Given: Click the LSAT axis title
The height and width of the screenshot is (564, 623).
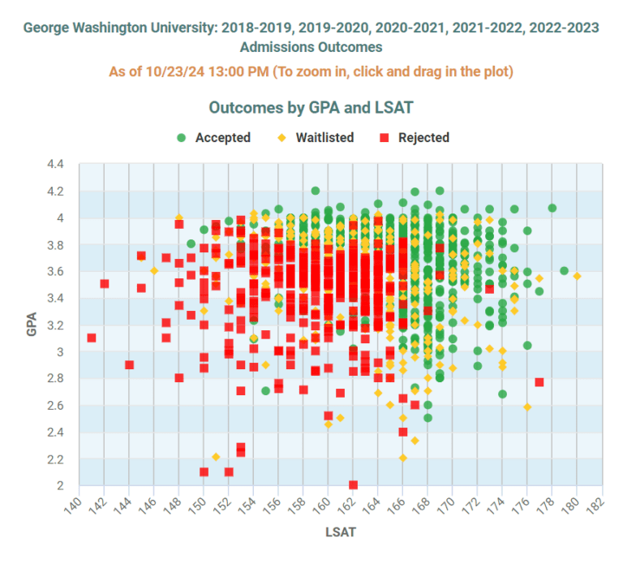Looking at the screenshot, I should [340, 533].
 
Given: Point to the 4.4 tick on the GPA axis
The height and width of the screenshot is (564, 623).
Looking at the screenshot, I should [54, 165].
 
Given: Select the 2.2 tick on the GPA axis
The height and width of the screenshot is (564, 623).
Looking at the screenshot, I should [54, 459].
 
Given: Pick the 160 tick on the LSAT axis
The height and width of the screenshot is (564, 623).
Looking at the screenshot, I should [324, 502].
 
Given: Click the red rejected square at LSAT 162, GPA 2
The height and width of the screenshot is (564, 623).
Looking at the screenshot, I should [353, 484].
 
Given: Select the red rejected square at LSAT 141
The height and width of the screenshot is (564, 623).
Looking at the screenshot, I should [92, 338].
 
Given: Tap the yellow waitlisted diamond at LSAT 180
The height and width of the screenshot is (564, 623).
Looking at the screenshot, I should [577, 276].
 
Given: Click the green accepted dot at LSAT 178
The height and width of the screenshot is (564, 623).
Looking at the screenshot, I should [552, 208].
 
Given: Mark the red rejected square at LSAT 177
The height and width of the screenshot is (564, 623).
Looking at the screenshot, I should [539, 382].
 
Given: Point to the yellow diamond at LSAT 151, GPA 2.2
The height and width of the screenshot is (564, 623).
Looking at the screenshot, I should [216, 457].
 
